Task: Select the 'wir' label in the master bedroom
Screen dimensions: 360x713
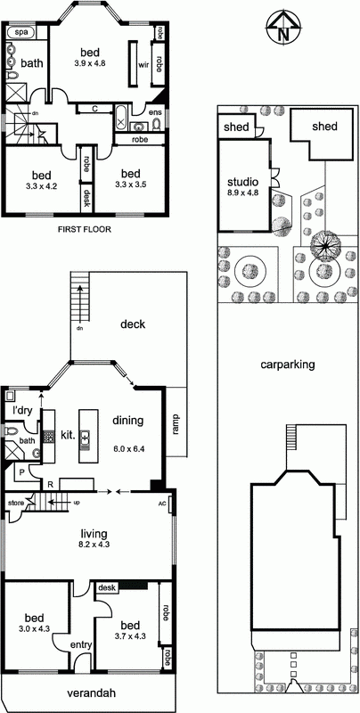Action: pyautogui.click(x=143, y=64)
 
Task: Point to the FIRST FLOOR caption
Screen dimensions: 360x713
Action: pyautogui.click(x=85, y=230)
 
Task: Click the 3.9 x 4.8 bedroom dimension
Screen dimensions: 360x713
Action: pyautogui.click(x=90, y=63)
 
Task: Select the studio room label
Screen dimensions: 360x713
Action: pyautogui.click(x=242, y=183)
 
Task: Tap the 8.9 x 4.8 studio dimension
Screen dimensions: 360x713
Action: pyautogui.click(x=242, y=193)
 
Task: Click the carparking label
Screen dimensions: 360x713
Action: pyautogui.click(x=288, y=365)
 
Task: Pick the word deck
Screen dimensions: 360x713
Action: pyautogui.click(x=133, y=324)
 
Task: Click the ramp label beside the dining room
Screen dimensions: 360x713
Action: pyautogui.click(x=176, y=423)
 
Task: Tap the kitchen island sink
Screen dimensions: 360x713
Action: pyautogui.click(x=85, y=438)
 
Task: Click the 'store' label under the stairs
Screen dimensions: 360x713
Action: pyautogui.click(x=16, y=504)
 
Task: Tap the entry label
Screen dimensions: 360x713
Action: pyautogui.click(x=81, y=644)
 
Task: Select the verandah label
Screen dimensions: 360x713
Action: pyautogui.click(x=91, y=693)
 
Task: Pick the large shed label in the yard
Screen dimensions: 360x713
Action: pyautogui.click(x=324, y=127)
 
